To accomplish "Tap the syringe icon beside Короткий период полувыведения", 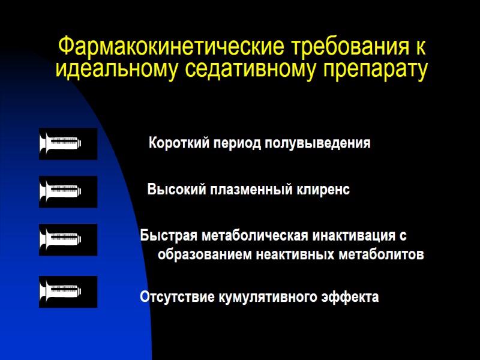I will tap(68, 144).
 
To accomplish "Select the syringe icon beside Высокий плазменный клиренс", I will tap(68, 191).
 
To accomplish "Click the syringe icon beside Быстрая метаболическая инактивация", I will tap(68, 239).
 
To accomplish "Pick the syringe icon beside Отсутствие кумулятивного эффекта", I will tap(68, 292).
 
